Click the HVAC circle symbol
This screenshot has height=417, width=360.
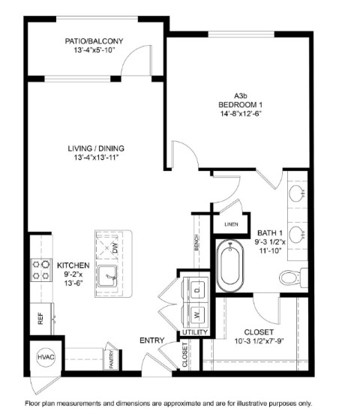pos(46,357)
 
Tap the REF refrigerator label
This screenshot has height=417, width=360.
pos(40,318)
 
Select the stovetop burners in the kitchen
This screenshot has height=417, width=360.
pos(41,270)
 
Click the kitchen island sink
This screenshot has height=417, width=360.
pos(107,276)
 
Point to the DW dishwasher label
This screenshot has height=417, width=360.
pos(115,247)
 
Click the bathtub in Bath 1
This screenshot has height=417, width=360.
pos(230,266)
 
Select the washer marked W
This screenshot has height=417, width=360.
pos(197,316)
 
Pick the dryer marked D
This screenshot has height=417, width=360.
pos(197,290)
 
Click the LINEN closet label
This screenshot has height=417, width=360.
pos(231,224)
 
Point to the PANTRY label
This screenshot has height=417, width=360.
pos(112,359)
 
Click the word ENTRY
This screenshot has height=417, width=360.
pos(151,340)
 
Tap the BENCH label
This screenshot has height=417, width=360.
pos(196,242)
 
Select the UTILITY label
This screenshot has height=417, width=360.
pos(195,332)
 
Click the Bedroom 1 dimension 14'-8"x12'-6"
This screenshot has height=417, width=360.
pos(241,113)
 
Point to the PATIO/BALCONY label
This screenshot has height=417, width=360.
pos(94,41)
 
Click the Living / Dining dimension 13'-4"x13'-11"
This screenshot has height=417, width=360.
pos(96,157)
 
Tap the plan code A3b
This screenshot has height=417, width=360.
pos(240,95)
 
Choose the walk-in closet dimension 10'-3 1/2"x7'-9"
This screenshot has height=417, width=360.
pos(259,341)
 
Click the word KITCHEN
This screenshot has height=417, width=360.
pos(73,265)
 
